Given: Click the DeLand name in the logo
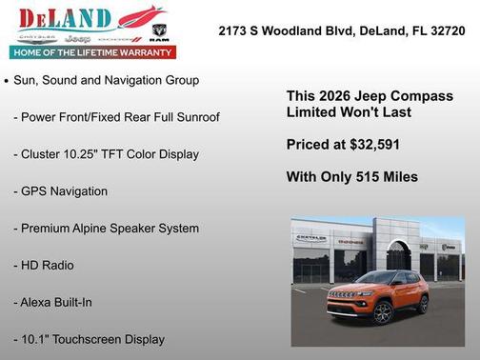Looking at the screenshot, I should [63, 17].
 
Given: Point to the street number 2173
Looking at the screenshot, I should [234, 30].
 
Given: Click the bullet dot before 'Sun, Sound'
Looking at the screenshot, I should [8, 82].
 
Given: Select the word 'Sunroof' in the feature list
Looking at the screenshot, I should [195, 117].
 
